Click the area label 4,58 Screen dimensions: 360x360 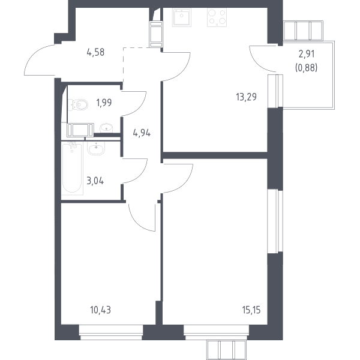click(95, 52)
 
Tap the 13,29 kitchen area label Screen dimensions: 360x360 click(246, 97)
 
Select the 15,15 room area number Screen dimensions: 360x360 click(251, 310)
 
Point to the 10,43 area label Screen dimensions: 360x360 click(101, 310)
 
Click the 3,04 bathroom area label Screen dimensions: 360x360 click(95, 181)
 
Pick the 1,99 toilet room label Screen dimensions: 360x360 click(104, 103)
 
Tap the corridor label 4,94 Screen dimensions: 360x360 click(142, 133)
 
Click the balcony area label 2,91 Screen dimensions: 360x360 click(307, 54)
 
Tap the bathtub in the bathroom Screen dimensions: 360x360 click(73, 168)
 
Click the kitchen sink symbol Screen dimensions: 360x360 click(182, 17)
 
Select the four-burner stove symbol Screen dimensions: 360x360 click(217, 17)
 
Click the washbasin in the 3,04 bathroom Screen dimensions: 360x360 click(96, 148)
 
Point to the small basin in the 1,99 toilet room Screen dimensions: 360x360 click(106, 128)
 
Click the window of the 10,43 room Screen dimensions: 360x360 click(111, 332)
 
